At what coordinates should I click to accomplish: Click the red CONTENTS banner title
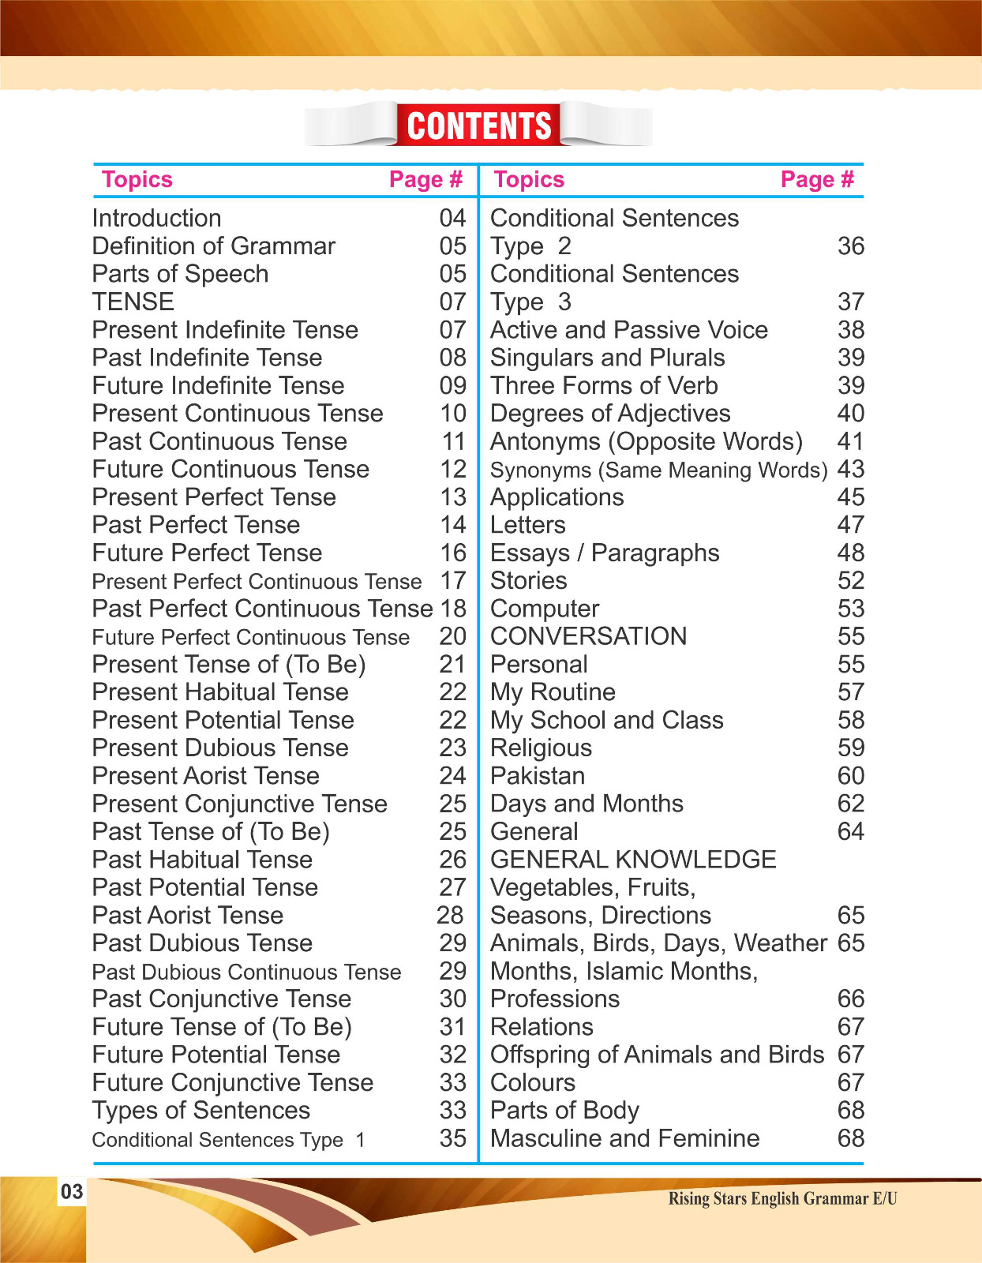click(478, 126)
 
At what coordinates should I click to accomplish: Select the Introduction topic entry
click(156, 219)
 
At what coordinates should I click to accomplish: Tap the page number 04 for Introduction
click(452, 219)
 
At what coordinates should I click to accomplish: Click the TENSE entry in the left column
click(133, 302)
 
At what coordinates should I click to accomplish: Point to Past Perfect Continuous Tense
click(262, 609)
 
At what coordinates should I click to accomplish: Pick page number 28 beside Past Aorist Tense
click(450, 916)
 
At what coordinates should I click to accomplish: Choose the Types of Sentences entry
click(201, 1111)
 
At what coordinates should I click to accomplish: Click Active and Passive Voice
click(629, 330)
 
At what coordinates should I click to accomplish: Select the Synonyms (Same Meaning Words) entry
click(658, 470)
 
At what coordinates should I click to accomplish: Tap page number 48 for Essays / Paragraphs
click(850, 553)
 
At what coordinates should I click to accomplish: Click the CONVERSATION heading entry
click(589, 636)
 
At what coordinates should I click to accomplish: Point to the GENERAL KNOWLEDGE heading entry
click(633, 860)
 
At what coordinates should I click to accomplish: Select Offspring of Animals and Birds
click(657, 1055)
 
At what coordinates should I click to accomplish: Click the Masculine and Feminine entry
click(624, 1139)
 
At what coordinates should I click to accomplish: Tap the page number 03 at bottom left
click(71, 1192)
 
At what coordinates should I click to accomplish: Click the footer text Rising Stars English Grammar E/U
click(782, 1199)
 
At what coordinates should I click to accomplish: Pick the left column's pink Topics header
click(137, 180)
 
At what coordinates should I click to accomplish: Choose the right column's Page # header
click(817, 180)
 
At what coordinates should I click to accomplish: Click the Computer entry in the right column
click(545, 609)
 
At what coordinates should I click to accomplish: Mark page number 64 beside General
click(850, 832)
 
